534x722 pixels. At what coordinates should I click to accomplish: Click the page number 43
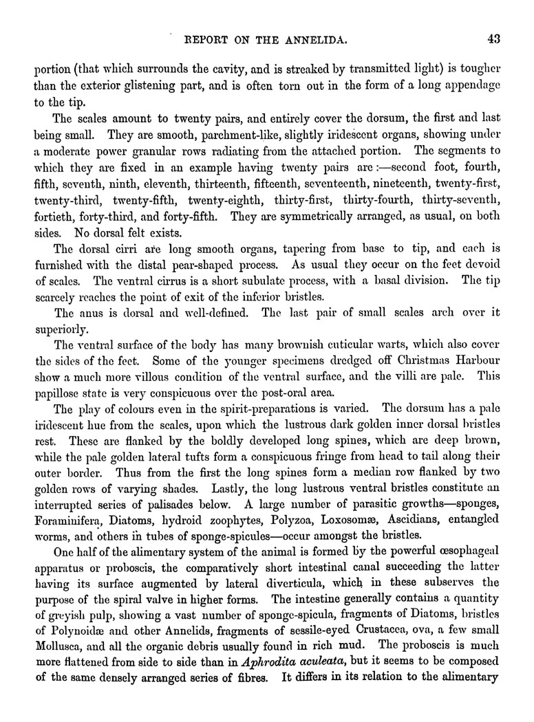[x=493, y=39]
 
